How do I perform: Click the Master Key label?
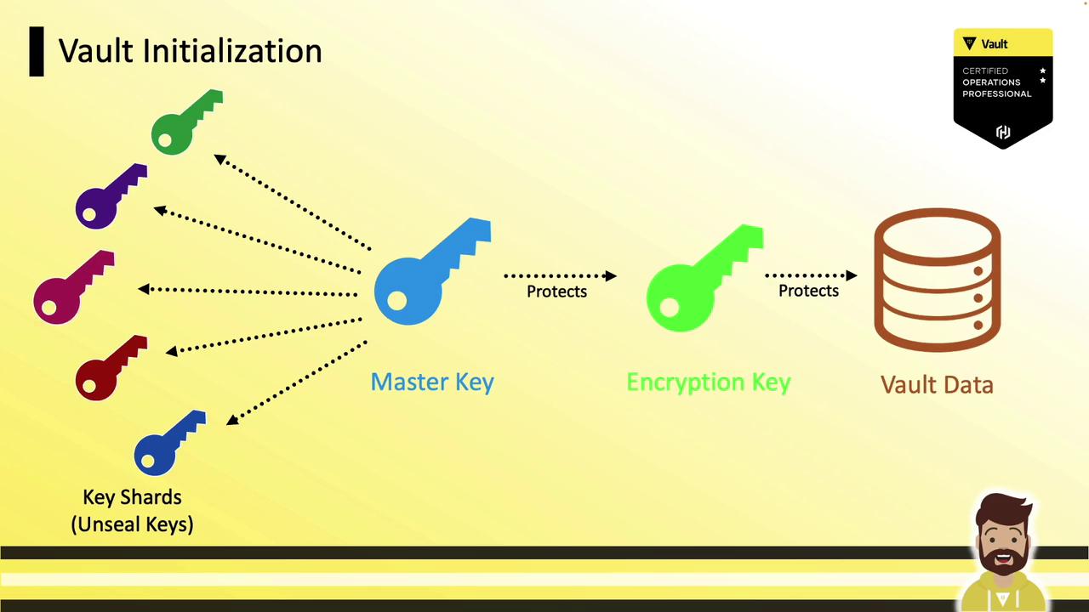pos(432,382)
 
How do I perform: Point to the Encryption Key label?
pos(709,382)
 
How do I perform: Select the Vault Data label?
pos(937,385)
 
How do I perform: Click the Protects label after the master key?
pos(556,292)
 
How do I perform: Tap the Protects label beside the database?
pos(808,291)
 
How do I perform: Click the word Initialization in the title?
pos(232,50)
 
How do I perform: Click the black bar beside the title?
pos(37,52)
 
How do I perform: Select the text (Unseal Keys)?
pos(132,524)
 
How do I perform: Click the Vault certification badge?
pos(1003,88)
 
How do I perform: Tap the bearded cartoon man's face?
pos(1004,536)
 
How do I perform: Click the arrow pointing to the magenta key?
pos(248,292)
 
